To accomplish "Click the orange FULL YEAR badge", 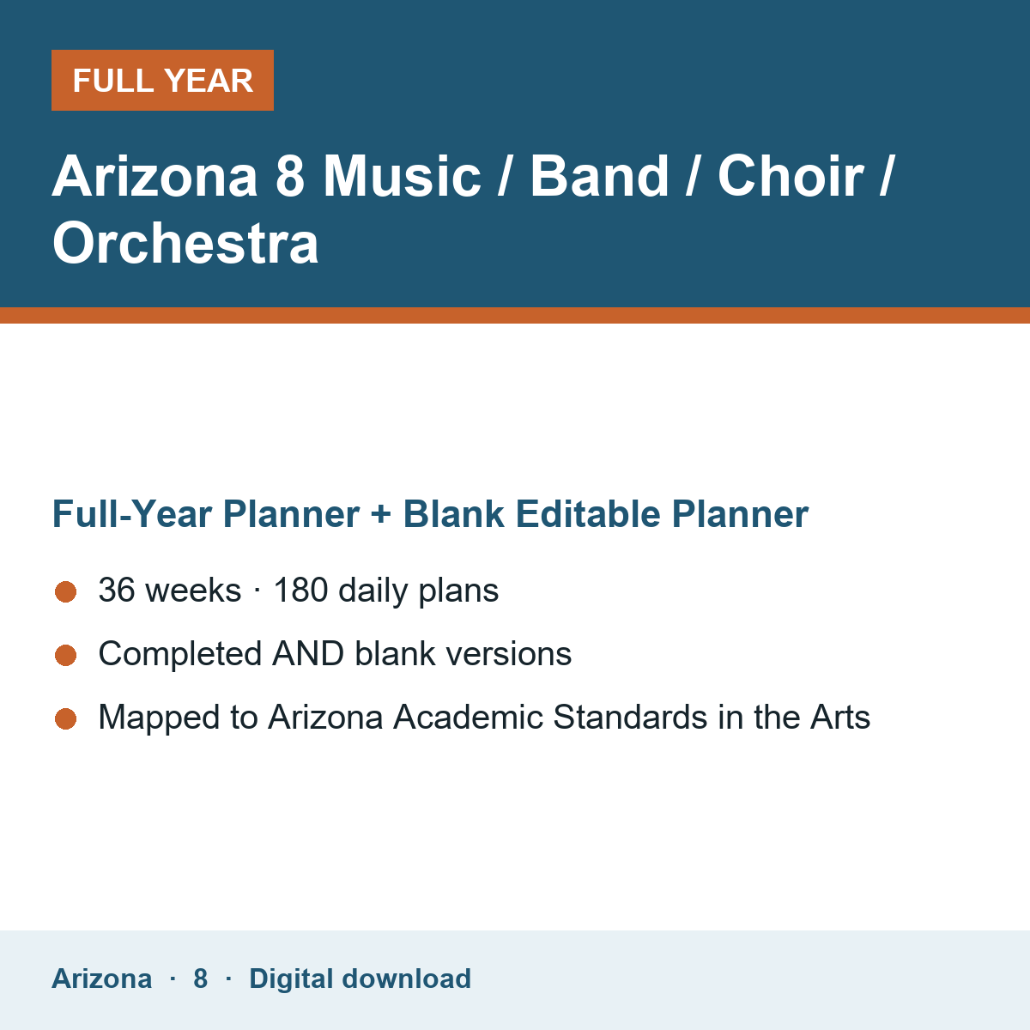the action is pos(162,80).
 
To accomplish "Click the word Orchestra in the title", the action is pos(185,243).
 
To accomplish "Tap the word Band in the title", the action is pos(599,176).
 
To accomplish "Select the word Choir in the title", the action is pos(791,176).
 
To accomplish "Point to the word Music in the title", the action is pos(403,176).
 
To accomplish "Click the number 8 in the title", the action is pos(290,176).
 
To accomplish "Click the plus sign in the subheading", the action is pos(381,513).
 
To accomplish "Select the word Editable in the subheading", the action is pos(587,513).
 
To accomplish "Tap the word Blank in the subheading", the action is pos(453,513).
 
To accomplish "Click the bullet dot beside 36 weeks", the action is pos(66,591).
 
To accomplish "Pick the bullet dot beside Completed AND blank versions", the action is pos(66,655).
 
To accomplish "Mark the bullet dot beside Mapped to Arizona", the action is pos(66,719).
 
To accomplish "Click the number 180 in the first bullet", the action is pos(301,590).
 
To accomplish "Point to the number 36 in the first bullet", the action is pos(117,590).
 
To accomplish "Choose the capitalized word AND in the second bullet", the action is pos(308,654).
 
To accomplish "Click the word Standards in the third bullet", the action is pos(630,717).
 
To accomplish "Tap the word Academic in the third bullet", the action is pos(469,717).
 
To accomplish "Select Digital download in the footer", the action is pos(360,978).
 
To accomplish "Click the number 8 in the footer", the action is pos(201,978).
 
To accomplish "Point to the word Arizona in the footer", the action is pos(101,978).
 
